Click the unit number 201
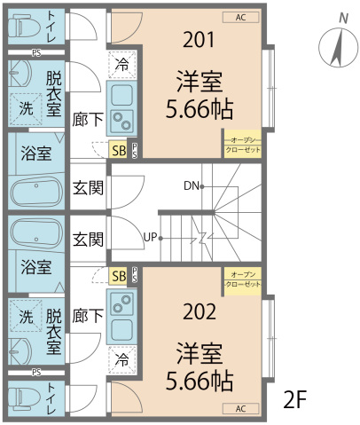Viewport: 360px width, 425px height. pos(198,39)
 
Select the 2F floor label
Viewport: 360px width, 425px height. pos(295,399)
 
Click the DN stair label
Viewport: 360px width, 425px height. pos(191,186)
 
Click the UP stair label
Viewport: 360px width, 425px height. pos(151,238)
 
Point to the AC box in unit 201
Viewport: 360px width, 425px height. pos(241,17)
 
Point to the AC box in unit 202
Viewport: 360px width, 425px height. pos(241,408)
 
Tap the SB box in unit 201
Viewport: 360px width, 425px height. pos(118,149)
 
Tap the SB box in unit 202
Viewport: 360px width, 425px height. pos(118,276)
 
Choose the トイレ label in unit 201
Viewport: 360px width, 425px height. pos(54,24)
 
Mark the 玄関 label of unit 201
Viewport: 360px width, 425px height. pos(87,187)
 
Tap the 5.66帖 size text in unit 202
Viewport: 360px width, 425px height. pos(199,382)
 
